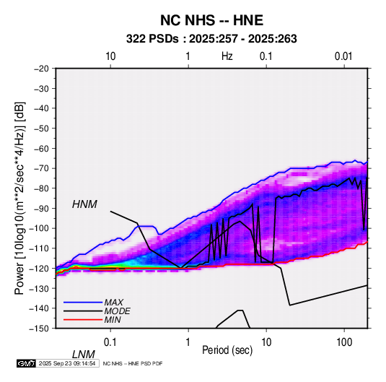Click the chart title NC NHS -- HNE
211,20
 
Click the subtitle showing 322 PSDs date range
211,39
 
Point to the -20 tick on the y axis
41,69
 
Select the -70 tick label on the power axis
41,168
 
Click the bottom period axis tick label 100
344,342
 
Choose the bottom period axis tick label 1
188,342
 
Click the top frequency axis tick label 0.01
343,56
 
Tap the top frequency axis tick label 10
110,56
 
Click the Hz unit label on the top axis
227,56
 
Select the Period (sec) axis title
227,350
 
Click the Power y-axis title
19,198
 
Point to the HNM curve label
84,204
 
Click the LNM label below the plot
84,355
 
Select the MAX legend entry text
113,303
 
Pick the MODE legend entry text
117,311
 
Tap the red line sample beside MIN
83,320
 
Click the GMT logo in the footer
27,363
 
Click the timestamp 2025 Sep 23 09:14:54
67,363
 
